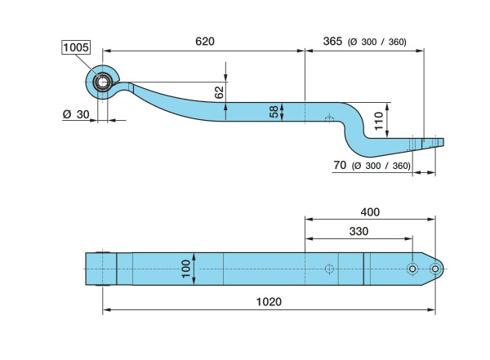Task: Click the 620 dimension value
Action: (204, 41)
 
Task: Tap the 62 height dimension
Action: (219, 91)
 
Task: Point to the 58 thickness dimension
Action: (275, 112)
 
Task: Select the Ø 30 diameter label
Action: (75, 113)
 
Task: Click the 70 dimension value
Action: (341, 166)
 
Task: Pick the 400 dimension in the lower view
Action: (370, 211)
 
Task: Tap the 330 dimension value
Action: (357, 231)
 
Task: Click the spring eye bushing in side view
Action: (103, 81)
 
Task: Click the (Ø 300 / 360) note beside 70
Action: (381, 166)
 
